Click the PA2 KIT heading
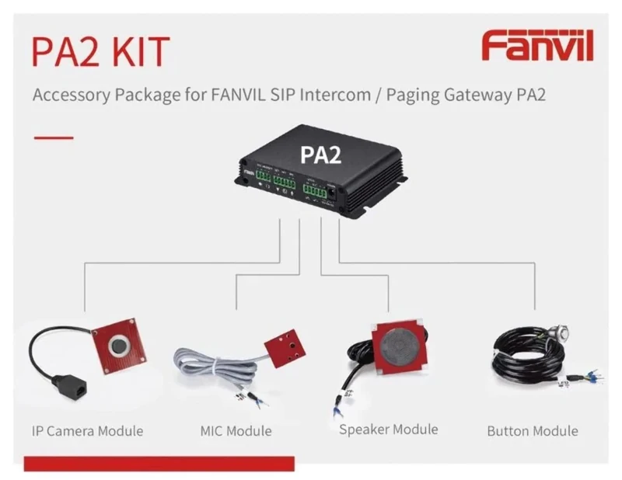101,51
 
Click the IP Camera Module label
87,430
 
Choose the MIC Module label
236,430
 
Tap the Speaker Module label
388,429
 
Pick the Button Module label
533,430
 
